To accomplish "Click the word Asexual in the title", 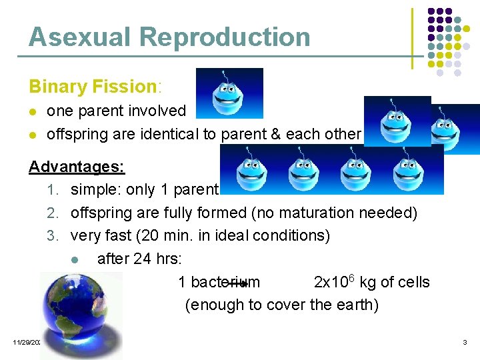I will coord(73,37).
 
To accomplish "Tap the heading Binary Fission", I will coord(92,87).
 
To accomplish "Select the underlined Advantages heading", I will coord(77,166).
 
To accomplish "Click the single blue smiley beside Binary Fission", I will coord(229,93).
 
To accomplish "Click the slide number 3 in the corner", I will coord(465,342).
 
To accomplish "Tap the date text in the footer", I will coord(27,342).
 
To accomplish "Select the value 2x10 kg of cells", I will coord(371,282).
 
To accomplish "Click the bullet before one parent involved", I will coord(33,111).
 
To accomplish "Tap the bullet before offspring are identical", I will coord(33,135).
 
